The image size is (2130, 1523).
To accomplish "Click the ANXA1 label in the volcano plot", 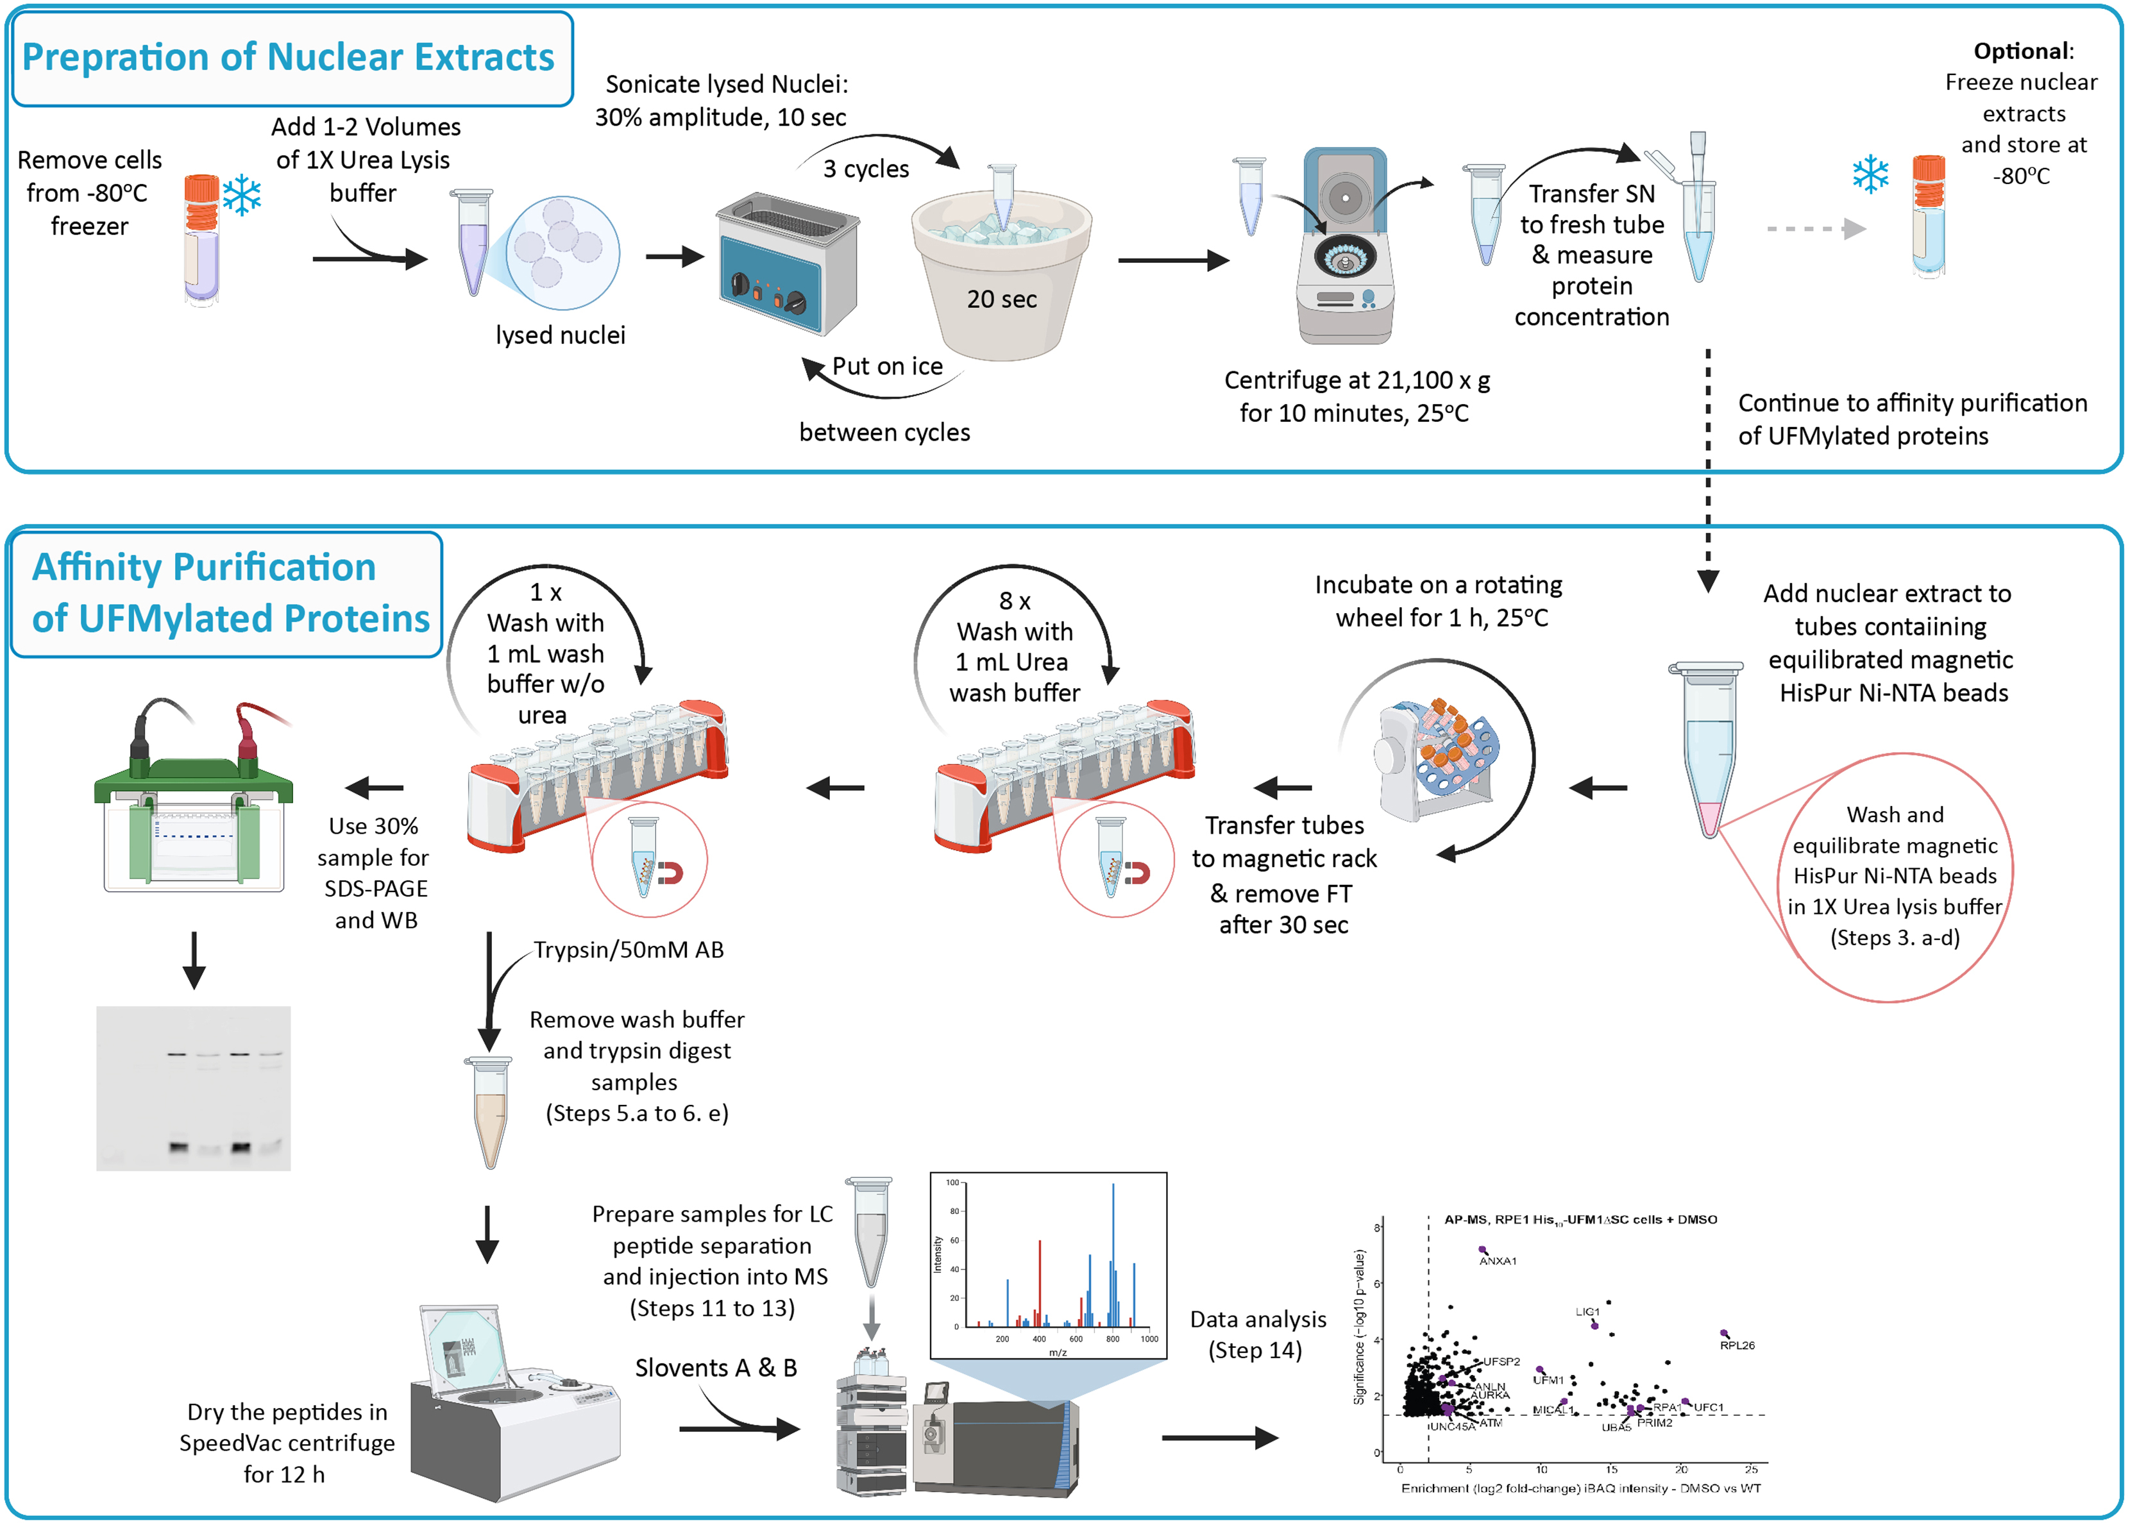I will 1497,1261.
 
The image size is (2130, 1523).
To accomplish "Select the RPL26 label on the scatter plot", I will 1736,1346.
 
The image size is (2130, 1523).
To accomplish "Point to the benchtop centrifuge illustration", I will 1345,249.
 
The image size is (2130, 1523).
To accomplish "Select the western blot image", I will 193,1088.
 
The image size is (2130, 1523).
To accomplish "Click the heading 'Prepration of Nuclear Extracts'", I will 288,57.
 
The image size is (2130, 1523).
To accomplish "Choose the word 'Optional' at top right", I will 2021,51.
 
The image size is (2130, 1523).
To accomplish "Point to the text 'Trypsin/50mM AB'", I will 629,950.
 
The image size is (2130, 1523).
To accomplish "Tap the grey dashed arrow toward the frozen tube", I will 1815,229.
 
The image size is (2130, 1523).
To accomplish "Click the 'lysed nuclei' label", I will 560,336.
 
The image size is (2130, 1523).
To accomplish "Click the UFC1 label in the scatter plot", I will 1708,1408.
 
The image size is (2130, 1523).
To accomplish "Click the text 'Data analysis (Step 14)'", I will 1257,1334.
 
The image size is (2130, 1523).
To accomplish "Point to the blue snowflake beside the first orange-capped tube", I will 242,195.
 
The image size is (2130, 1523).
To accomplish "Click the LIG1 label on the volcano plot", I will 1587,1312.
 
